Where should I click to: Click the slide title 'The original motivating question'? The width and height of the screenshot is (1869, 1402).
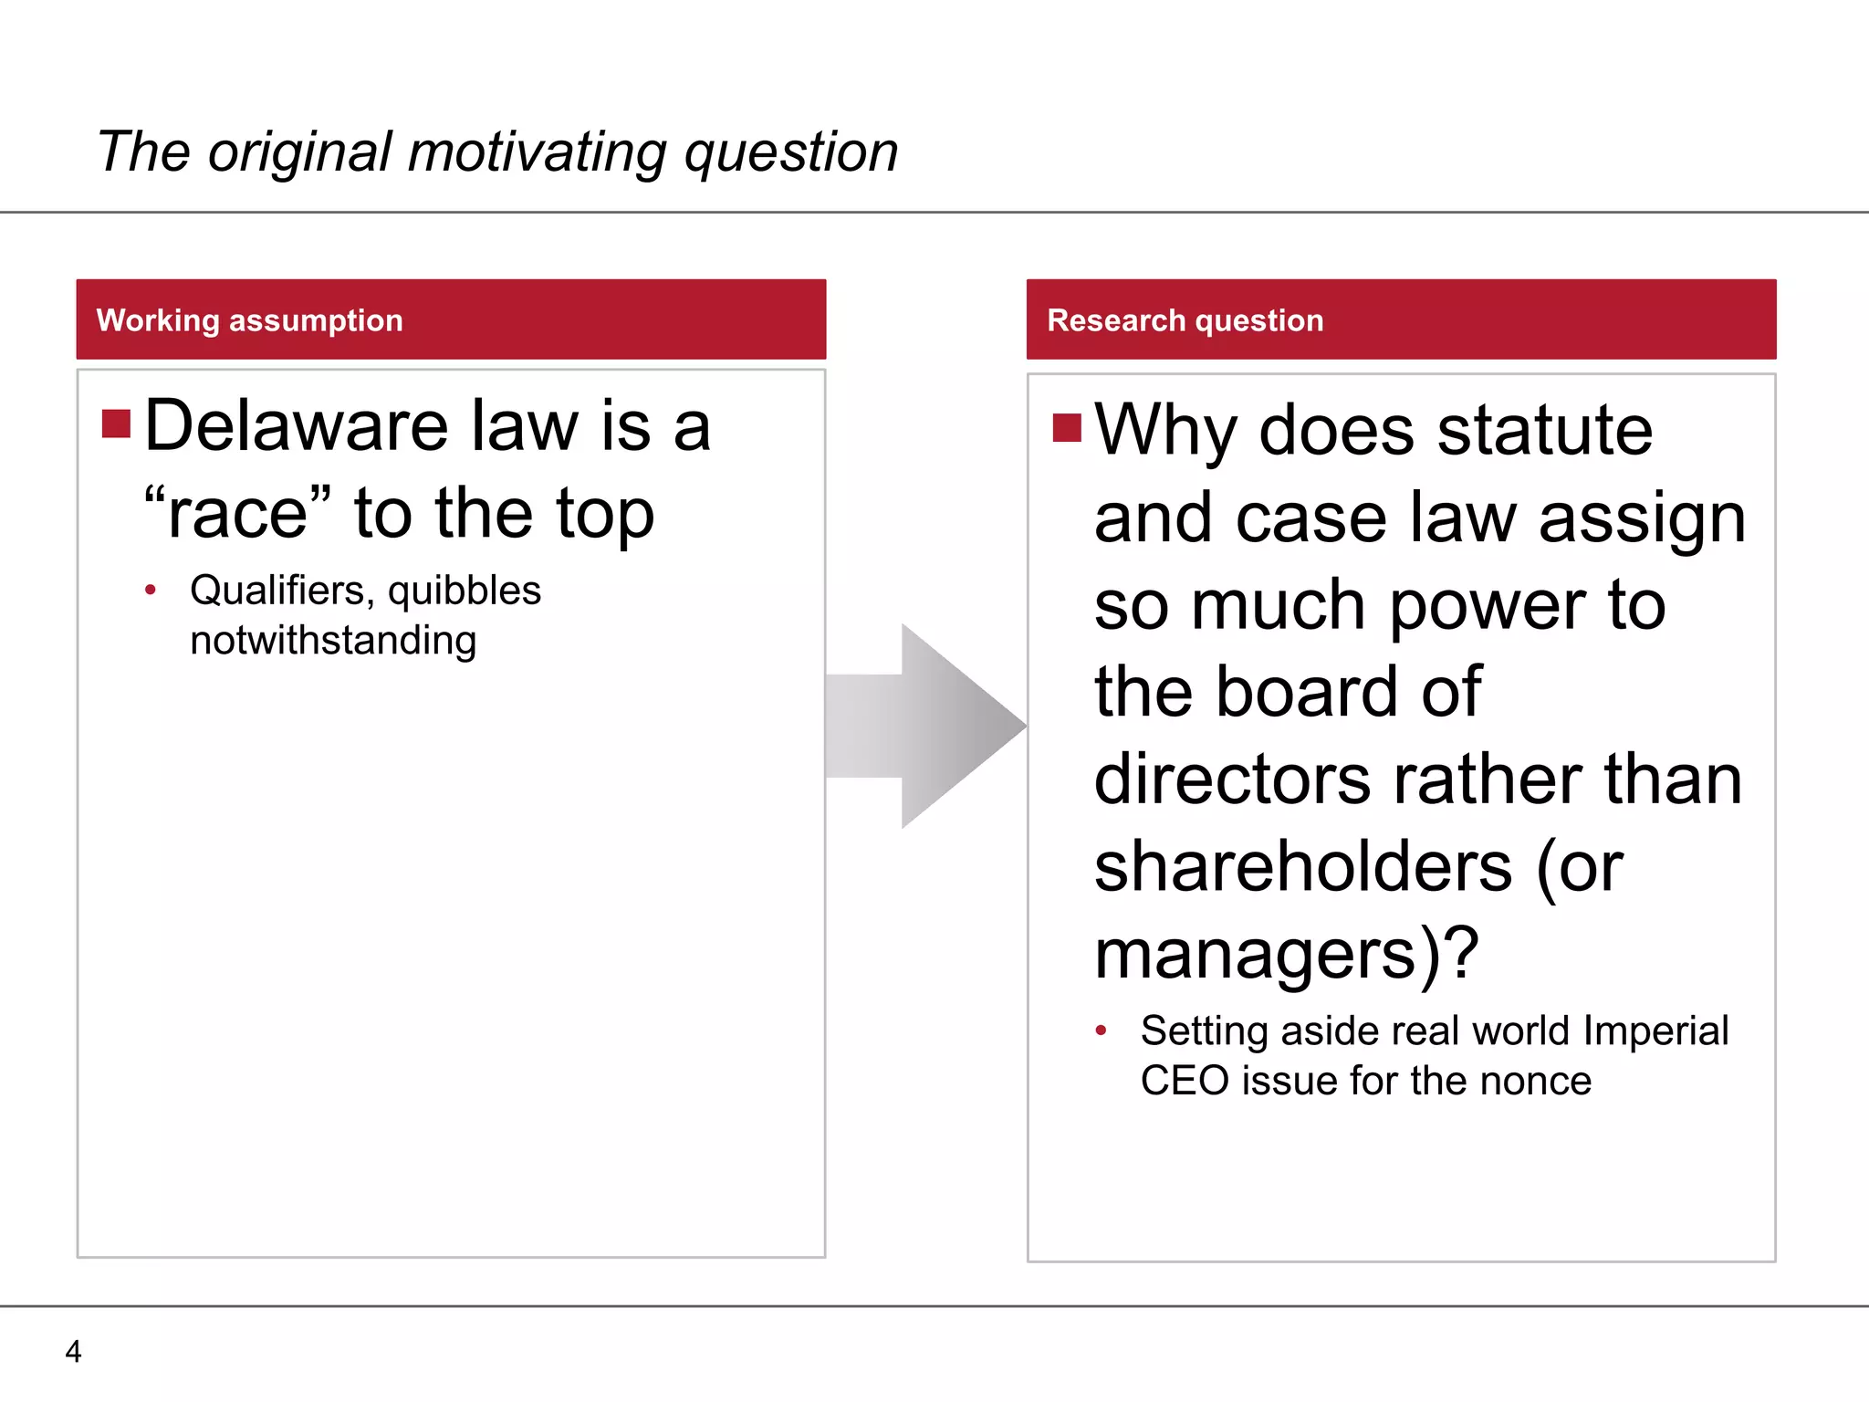(x=497, y=152)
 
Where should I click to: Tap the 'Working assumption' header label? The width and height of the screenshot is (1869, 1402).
(x=249, y=320)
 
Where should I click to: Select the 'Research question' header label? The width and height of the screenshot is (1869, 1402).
(x=1185, y=320)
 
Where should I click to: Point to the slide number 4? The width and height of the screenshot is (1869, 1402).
(x=74, y=1351)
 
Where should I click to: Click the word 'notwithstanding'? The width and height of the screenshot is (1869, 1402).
(x=333, y=641)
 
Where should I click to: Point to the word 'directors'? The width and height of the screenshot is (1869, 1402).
(x=1232, y=779)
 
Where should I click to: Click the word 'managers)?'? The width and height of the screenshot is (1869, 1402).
(x=1286, y=954)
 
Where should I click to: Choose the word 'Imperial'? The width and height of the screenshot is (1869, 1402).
(x=1655, y=1031)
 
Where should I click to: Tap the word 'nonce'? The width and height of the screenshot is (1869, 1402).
(x=1536, y=1081)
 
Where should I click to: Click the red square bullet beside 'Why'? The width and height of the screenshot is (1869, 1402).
(x=1067, y=427)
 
